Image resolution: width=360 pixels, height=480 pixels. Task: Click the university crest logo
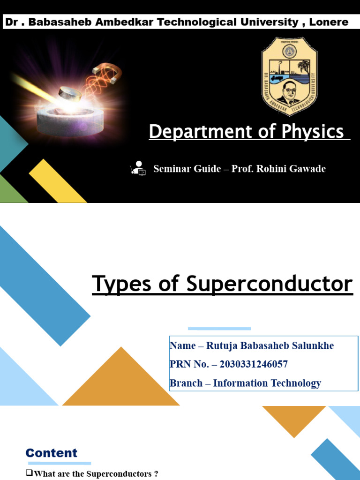point(289,75)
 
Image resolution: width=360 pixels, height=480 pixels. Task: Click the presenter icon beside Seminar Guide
point(138,168)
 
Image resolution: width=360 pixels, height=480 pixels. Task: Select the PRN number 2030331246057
point(254,364)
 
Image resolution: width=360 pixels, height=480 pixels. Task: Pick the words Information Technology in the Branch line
point(267,383)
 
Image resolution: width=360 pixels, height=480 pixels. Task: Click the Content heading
point(52,453)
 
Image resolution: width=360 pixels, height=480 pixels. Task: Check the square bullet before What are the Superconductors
point(29,474)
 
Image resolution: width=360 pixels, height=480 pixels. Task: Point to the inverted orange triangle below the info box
point(294,418)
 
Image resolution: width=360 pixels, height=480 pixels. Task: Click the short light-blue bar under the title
point(219,329)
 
